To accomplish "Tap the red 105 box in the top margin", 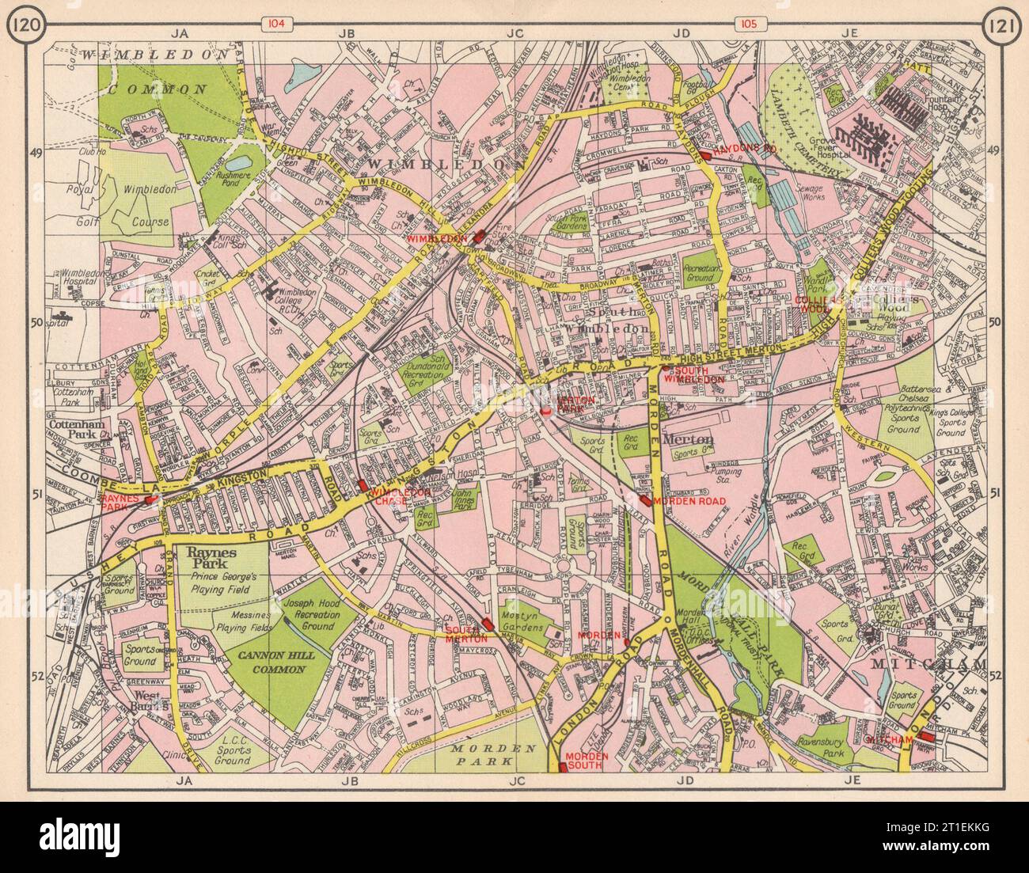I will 749,25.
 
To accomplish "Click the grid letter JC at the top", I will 515,33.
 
